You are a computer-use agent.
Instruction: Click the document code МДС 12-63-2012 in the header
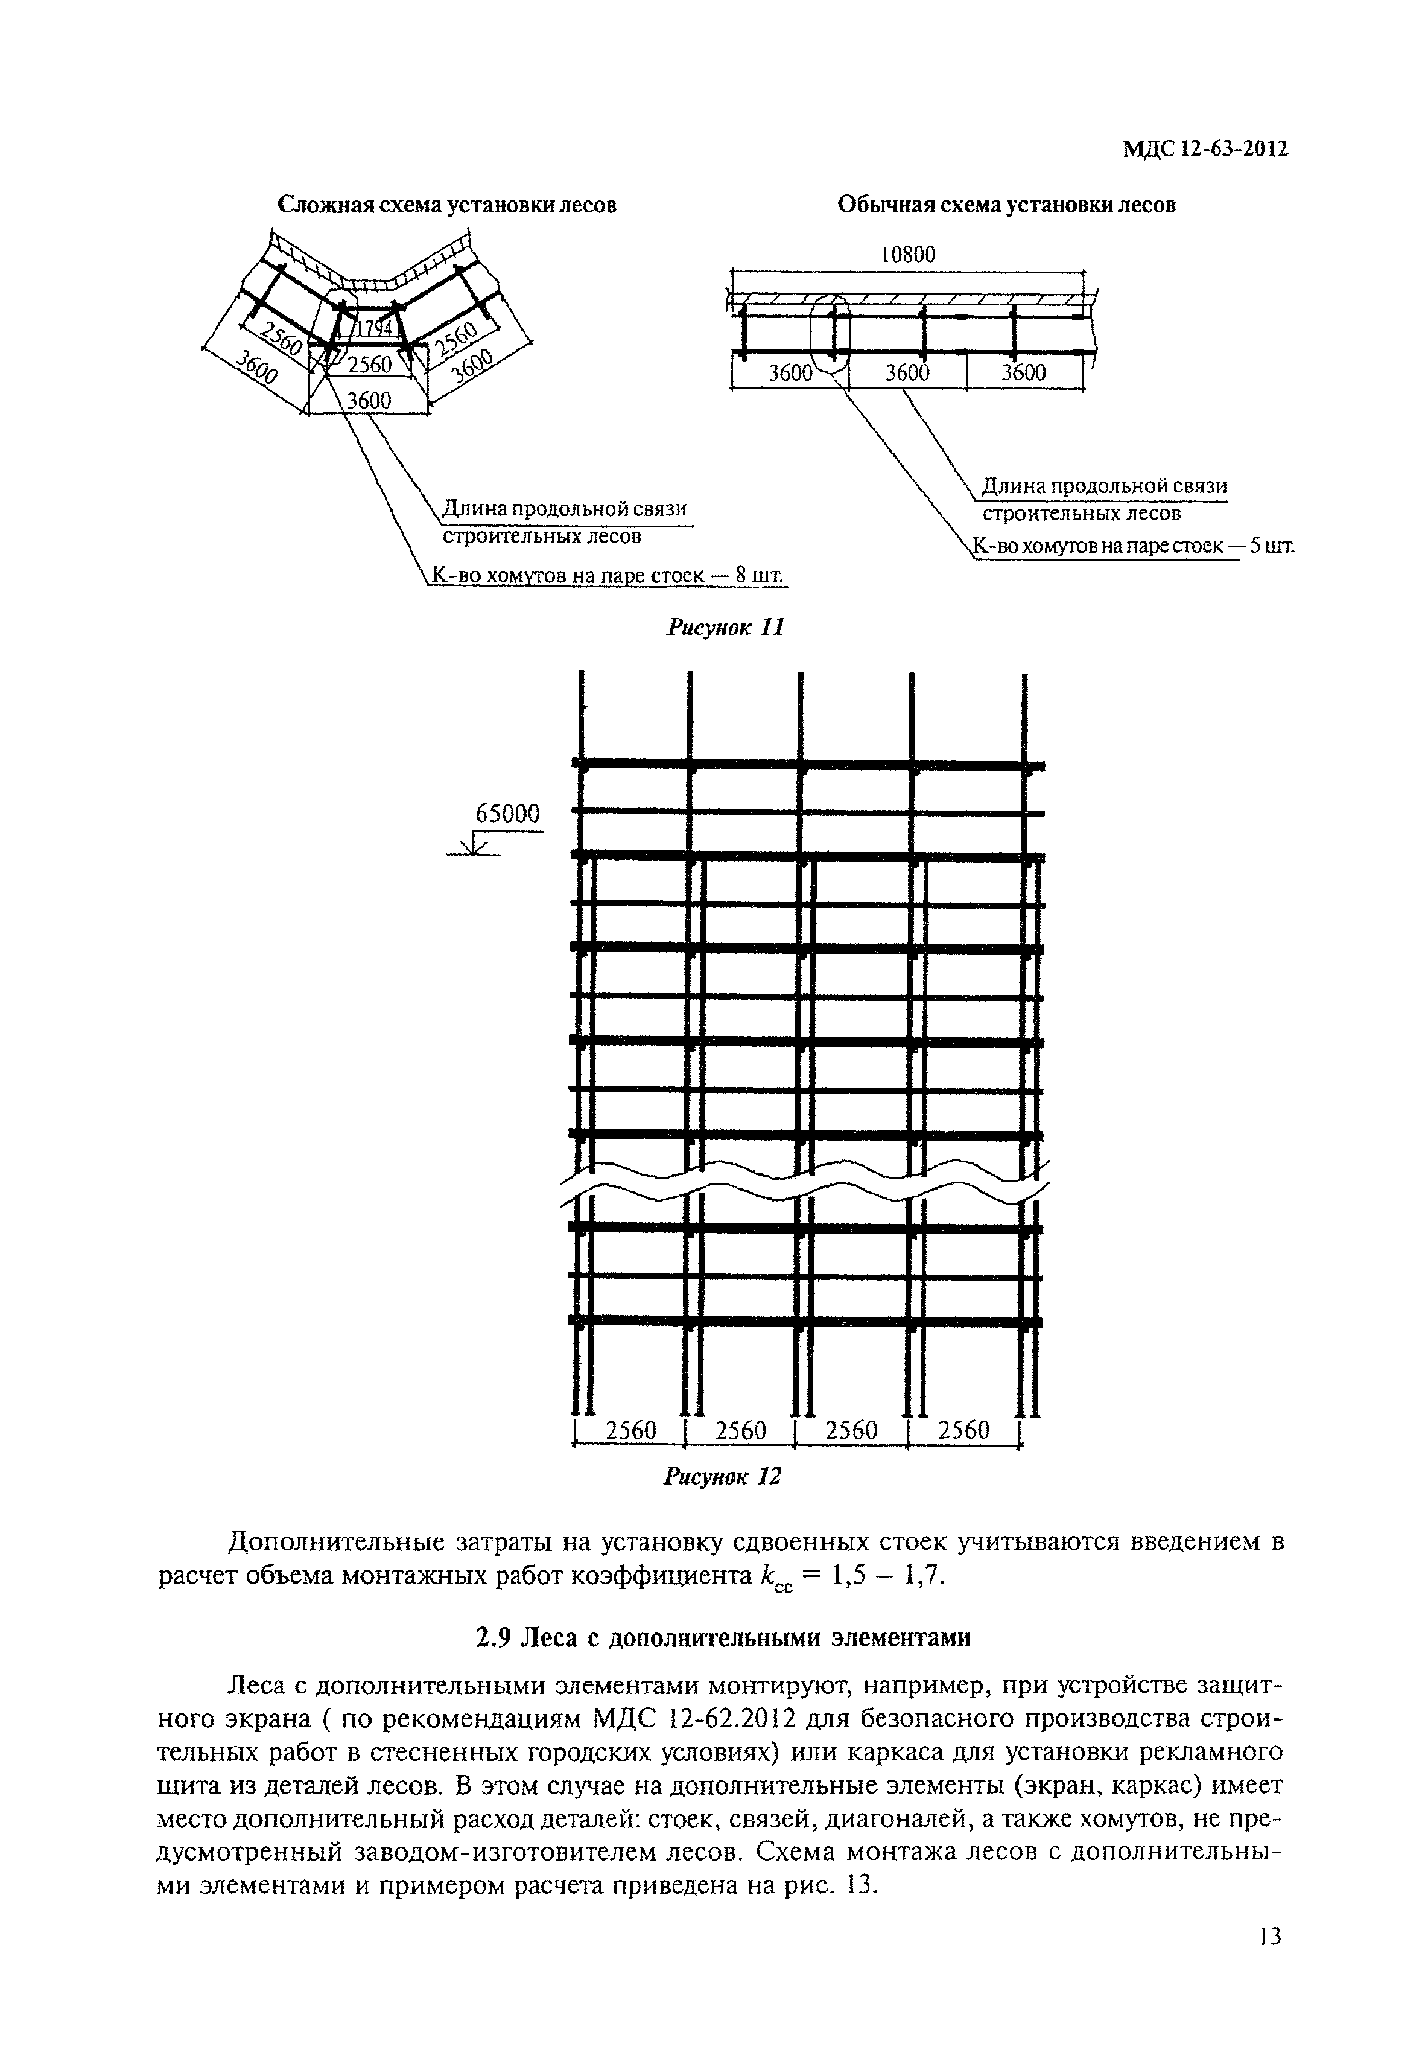click(1205, 150)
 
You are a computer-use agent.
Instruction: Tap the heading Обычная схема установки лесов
click(1006, 205)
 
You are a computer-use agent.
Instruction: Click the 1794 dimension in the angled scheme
click(375, 330)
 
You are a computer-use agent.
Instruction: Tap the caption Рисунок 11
click(725, 628)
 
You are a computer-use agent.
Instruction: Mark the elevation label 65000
click(508, 814)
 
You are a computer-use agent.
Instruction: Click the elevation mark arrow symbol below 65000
click(473, 845)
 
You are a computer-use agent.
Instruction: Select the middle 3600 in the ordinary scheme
click(908, 374)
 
